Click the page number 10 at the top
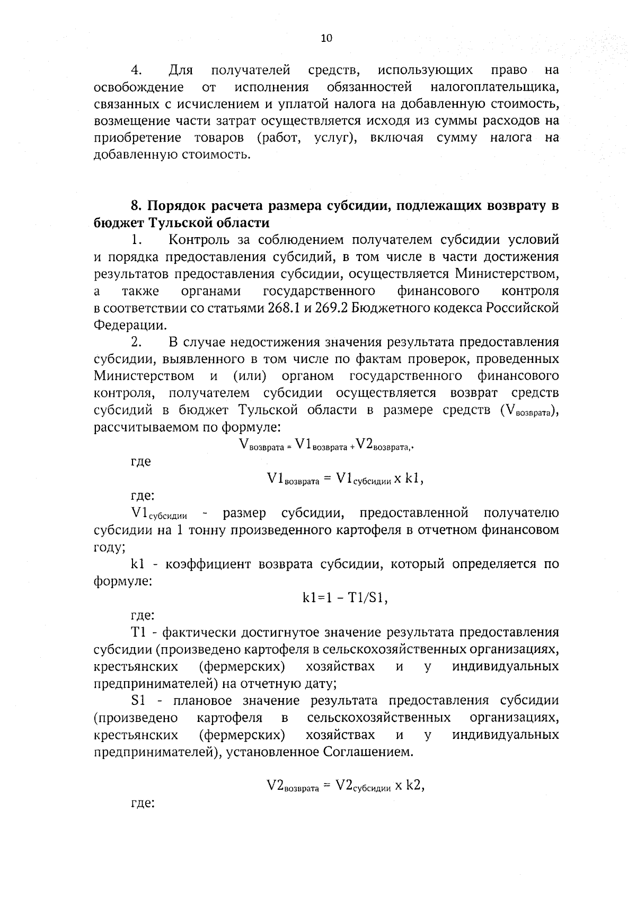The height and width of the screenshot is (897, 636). [x=326, y=38]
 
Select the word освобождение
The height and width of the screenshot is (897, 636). [x=139, y=86]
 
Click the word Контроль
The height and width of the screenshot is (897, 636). [x=199, y=240]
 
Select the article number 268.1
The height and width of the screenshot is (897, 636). [x=278, y=308]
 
